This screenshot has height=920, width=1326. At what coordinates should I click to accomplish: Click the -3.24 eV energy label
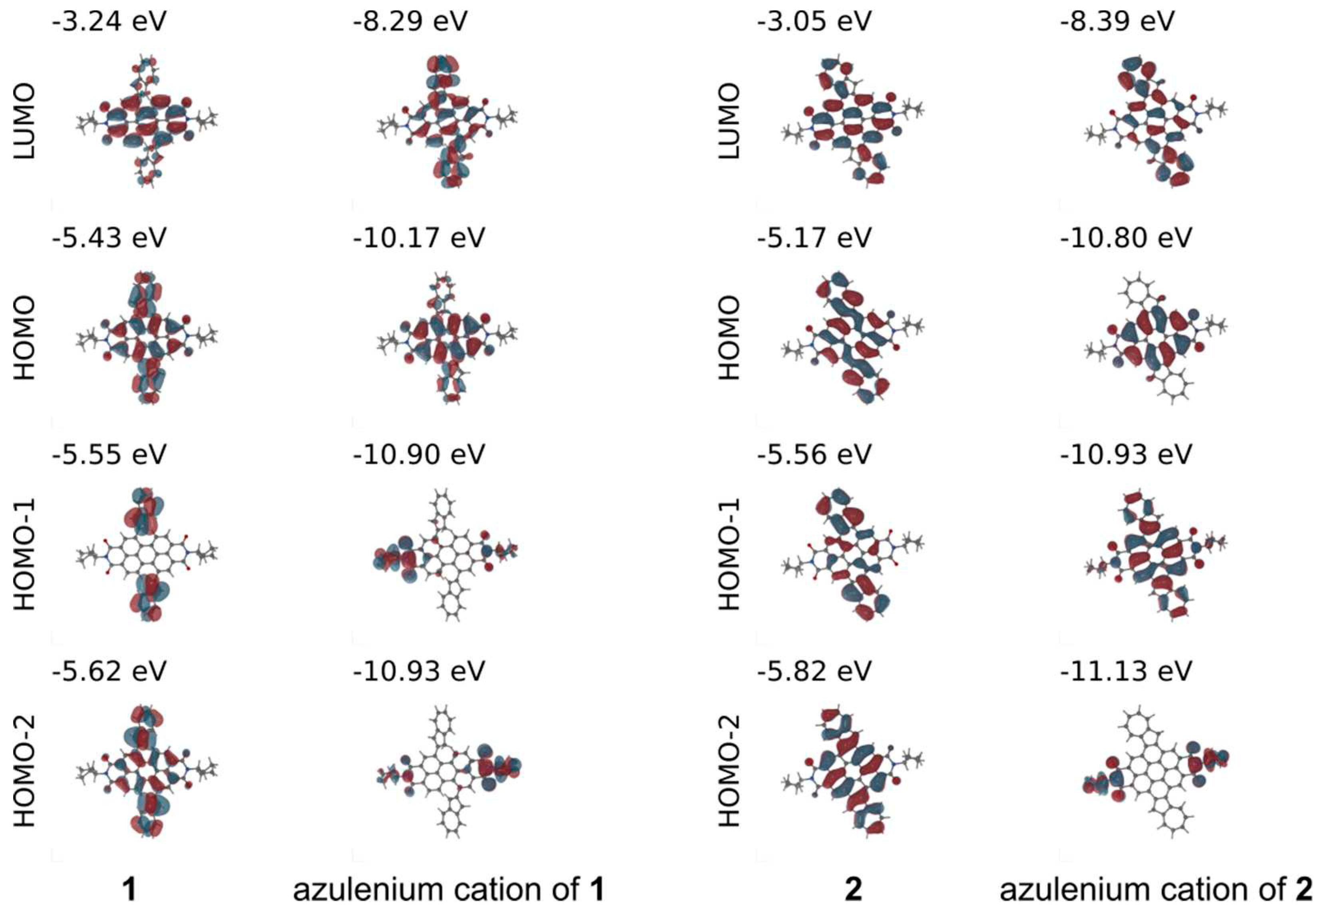(x=109, y=21)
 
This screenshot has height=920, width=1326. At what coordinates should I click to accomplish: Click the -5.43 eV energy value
(x=109, y=237)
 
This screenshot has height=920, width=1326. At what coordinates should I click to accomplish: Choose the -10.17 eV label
(x=419, y=237)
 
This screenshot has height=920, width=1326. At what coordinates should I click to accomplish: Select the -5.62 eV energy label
(x=109, y=670)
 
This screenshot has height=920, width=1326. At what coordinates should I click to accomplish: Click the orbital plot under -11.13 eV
(x=1155, y=773)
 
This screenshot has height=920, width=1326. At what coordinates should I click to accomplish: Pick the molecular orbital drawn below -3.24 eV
(x=147, y=121)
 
